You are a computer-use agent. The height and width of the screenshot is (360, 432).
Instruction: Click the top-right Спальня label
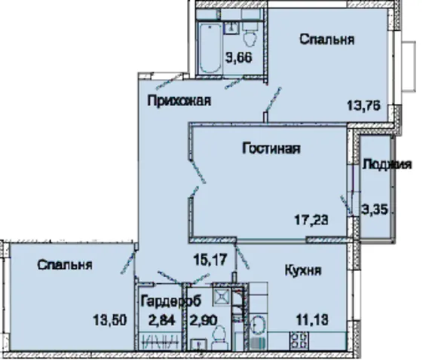[327, 40]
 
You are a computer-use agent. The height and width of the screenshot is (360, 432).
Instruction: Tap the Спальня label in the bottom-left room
[65, 265]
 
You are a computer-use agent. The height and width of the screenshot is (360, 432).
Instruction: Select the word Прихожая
[179, 101]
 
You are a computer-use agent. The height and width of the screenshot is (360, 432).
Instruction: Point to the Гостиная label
[271, 148]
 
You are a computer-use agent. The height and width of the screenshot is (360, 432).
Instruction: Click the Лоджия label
[387, 165]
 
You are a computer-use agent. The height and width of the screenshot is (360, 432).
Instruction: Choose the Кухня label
[303, 270]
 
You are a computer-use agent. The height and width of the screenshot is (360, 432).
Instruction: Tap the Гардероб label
[171, 302]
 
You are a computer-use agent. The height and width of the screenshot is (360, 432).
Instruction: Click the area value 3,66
[239, 58]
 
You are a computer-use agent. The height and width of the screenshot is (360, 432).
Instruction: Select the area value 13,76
[364, 105]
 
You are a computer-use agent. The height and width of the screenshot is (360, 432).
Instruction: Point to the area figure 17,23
[311, 220]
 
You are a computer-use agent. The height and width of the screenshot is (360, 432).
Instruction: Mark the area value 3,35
[375, 210]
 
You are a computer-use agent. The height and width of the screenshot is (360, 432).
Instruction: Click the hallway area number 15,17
[210, 260]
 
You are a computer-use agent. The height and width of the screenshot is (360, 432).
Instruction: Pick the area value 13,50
[110, 320]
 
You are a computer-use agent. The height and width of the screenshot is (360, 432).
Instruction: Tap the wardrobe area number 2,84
[162, 320]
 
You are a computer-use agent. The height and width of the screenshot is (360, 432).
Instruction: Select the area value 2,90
[204, 320]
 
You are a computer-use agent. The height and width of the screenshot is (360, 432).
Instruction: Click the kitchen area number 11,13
[312, 320]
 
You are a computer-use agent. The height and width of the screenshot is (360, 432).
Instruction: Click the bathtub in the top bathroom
[210, 48]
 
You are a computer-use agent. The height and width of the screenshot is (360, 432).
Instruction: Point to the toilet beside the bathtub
[250, 34]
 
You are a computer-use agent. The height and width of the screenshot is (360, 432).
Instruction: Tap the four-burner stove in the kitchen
[299, 340]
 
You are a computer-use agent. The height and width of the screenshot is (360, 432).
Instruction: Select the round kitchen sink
[258, 325]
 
